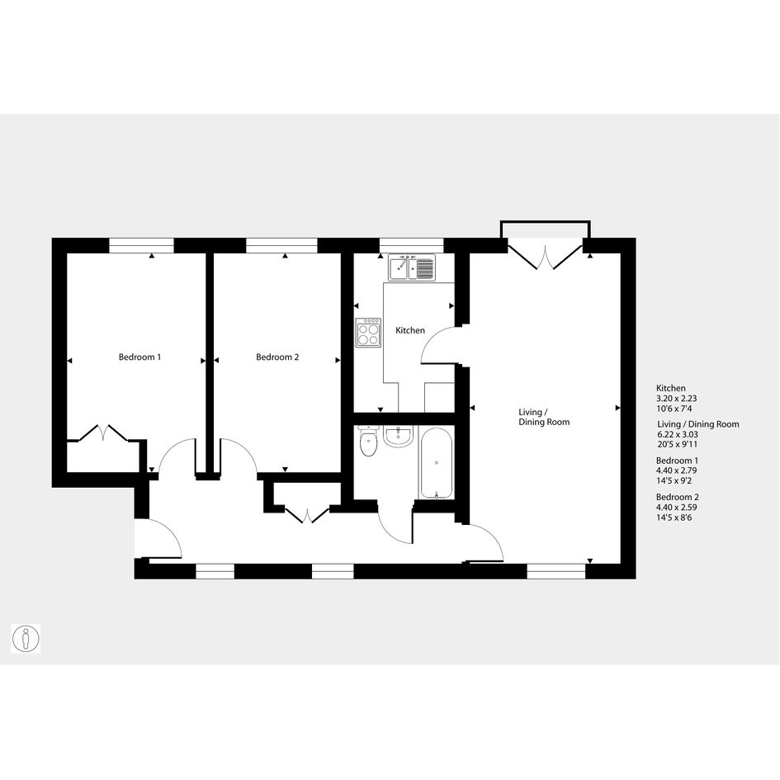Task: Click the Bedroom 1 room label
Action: [139, 357]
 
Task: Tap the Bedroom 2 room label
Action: [277, 357]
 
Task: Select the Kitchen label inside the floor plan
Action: [410, 330]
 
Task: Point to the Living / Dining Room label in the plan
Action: [544, 417]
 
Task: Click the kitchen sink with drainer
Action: [412, 267]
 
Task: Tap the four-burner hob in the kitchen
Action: [369, 333]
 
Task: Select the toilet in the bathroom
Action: [369, 441]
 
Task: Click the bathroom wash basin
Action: [398, 437]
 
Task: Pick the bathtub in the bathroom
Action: [437, 462]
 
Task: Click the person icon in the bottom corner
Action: [26, 639]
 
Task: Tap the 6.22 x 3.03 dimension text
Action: [678, 434]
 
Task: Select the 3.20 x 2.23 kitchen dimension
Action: [677, 399]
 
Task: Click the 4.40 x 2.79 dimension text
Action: [677, 470]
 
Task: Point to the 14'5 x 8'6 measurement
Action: [674, 518]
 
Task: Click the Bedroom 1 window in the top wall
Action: [141, 246]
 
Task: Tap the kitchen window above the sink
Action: [411, 246]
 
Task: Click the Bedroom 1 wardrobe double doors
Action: [103, 433]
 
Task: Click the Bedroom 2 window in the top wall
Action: [281, 246]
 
